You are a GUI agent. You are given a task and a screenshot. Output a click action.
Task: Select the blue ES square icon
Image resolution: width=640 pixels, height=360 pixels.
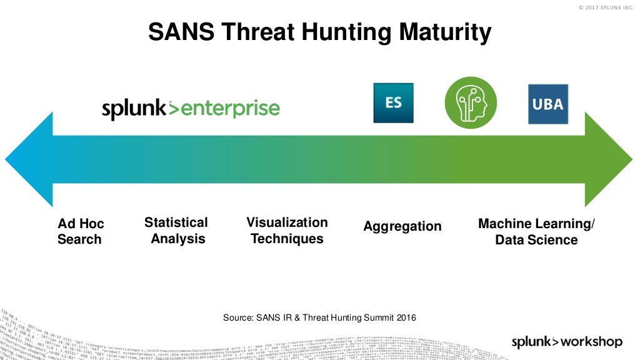[x=393, y=102]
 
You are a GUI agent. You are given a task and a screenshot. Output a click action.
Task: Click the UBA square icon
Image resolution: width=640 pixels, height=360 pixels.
[x=548, y=104]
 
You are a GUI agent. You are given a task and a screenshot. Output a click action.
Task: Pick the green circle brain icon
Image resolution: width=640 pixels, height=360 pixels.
[x=471, y=102]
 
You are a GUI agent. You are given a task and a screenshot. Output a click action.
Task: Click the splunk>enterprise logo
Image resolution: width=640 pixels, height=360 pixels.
[x=191, y=109]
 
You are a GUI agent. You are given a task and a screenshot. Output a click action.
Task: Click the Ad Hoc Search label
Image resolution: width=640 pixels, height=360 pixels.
[x=81, y=231]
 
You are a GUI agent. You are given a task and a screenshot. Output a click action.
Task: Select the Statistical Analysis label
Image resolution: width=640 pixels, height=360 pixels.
[x=177, y=231]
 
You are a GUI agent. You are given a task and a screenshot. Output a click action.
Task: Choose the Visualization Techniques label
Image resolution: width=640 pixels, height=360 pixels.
[x=287, y=231]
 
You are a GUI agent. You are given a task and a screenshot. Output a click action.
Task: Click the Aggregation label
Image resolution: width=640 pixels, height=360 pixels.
[x=402, y=226]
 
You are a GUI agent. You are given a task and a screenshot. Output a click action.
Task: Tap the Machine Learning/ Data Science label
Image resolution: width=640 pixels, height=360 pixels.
[x=536, y=232]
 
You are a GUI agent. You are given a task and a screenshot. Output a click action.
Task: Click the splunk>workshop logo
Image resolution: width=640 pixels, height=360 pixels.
[x=567, y=341]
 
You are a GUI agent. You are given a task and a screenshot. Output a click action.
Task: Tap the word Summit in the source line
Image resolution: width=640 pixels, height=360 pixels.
[x=376, y=318]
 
